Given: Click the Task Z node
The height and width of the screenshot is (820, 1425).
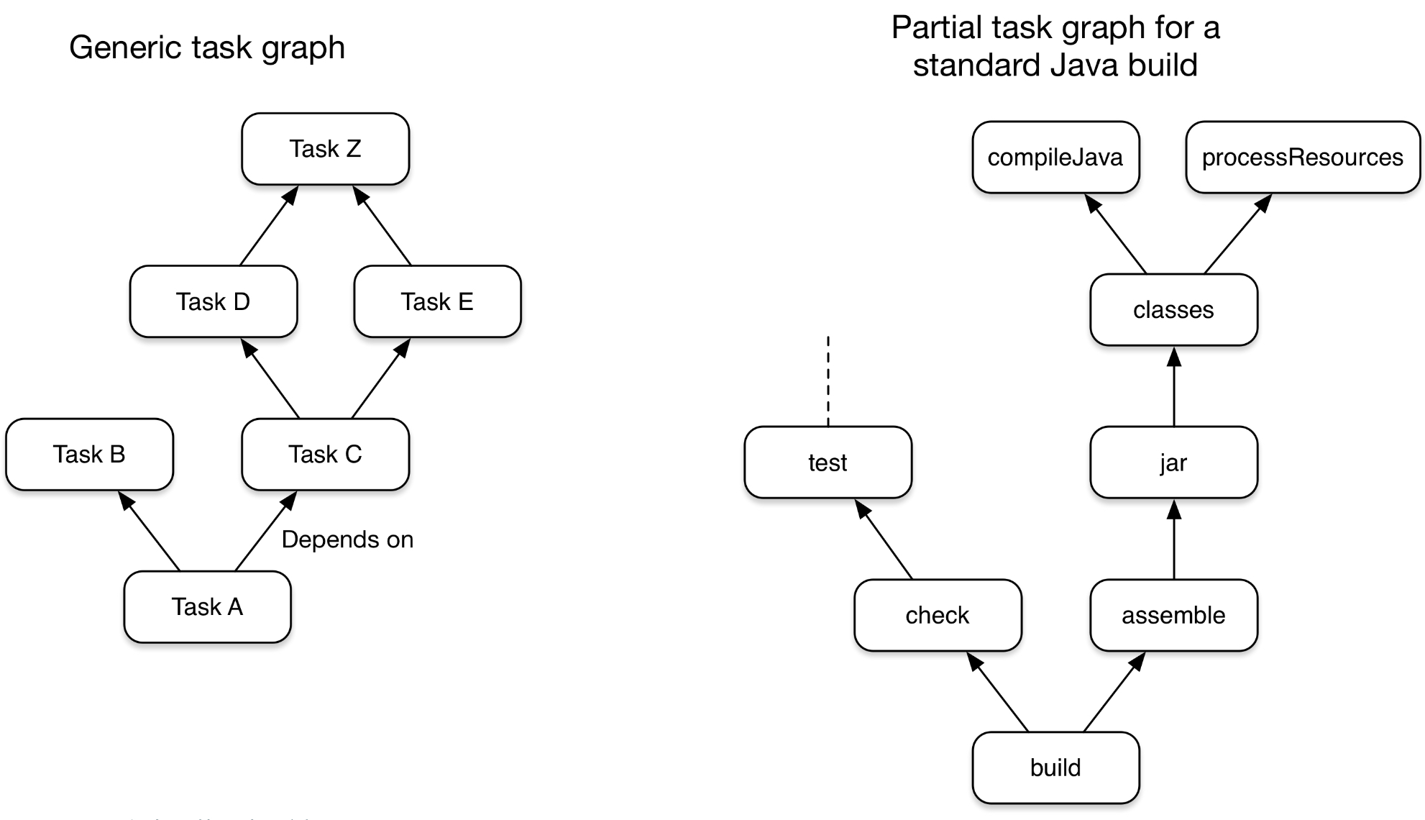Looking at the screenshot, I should pos(325,149).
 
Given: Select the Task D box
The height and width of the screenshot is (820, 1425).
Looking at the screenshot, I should pos(213,301).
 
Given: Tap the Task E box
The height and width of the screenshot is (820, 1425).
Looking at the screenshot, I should pos(437,301).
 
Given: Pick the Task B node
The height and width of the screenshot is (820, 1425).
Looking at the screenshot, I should pos(89,454).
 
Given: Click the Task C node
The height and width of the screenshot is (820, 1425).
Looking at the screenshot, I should pos(325,454).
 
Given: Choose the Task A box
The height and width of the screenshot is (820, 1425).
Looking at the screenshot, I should pos(207,606).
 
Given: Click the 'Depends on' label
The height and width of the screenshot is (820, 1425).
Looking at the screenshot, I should pos(347,539).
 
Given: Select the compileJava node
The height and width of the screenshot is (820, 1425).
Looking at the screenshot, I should pos(1055,158).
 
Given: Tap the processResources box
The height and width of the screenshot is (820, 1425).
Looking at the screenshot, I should pos(1302,158).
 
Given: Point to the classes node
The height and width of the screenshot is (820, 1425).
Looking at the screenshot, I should pos(1173,310).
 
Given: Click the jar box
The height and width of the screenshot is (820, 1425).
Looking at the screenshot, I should pos(1173,463).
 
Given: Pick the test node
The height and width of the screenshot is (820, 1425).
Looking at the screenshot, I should pos(828,463).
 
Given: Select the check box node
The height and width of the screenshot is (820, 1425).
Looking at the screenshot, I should pos(938,615).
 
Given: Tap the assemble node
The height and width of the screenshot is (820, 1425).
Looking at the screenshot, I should pos(1173,615).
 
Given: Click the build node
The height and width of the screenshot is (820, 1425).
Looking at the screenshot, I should pos(1055,767).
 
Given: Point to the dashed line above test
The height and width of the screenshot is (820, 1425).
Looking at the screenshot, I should pos(828,381).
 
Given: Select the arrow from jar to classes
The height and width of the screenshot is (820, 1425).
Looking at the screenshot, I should pos(1174,388).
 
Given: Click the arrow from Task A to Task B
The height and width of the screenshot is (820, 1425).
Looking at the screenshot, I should pos(151,532).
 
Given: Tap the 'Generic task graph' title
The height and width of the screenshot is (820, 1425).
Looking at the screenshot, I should pos(207,47).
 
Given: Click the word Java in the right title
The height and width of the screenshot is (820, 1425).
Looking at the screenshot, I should pos(1086,65).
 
